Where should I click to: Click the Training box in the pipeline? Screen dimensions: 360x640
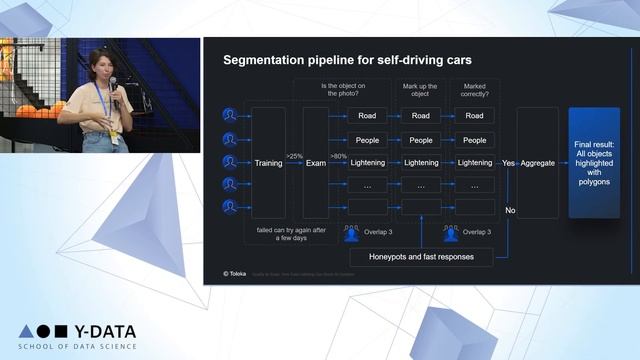click(x=268, y=163)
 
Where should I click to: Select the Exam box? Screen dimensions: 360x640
click(x=316, y=163)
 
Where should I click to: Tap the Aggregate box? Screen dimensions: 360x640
click(x=537, y=163)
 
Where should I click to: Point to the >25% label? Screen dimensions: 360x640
click(x=294, y=156)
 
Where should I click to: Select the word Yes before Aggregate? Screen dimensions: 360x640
click(x=508, y=163)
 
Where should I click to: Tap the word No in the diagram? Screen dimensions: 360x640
click(x=509, y=210)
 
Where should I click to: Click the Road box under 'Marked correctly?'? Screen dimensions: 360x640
click(x=474, y=116)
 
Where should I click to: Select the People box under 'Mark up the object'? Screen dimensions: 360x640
click(x=421, y=140)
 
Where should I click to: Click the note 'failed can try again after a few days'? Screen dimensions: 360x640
click(x=292, y=234)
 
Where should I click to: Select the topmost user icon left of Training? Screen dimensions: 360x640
click(x=229, y=116)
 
